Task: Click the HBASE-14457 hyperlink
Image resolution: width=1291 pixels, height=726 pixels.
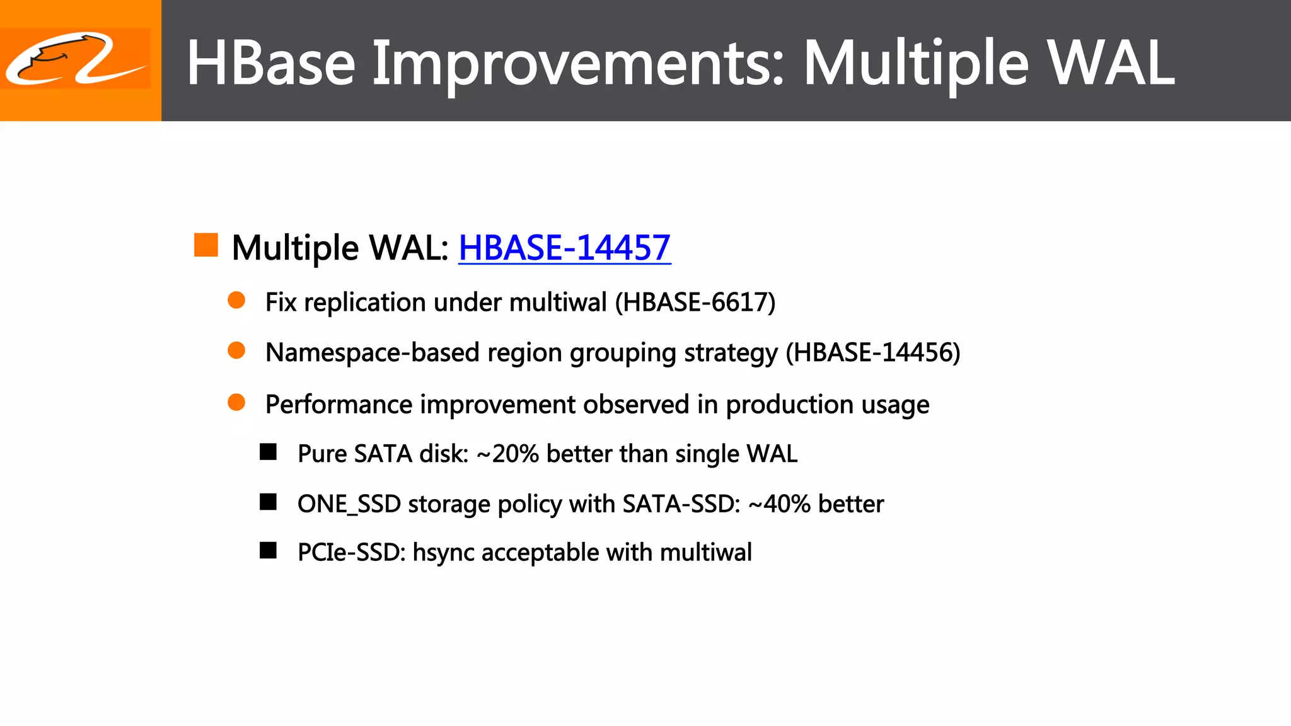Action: coord(564,248)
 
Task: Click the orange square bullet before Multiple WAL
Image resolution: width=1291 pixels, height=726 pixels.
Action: coord(206,245)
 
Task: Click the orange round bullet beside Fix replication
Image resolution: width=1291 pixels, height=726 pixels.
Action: coord(236,301)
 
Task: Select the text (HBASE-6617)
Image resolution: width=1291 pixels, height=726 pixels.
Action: coord(695,302)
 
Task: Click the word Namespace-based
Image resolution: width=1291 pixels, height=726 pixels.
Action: coord(372,352)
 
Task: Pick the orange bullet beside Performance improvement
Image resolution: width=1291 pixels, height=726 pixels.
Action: coord(236,402)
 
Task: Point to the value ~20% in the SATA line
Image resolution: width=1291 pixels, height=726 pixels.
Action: coord(507,454)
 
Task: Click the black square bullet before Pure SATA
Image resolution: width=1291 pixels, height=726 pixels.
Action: coord(269,452)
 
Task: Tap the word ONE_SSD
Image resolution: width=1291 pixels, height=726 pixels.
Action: coord(349,504)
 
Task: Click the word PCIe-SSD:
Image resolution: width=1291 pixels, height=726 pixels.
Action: coord(351,553)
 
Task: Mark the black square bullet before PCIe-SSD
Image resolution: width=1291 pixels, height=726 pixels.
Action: coord(269,551)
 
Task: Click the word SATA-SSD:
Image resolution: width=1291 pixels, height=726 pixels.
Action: coord(681,504)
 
